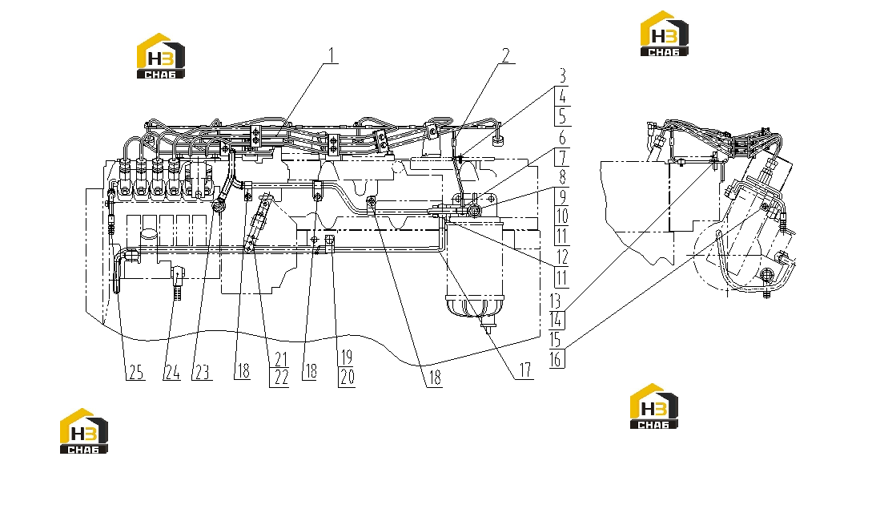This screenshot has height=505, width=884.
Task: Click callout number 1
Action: (x=332, y=55)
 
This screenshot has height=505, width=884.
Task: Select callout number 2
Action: (x=506, y=55)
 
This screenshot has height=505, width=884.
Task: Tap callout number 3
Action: (x=562, y=75)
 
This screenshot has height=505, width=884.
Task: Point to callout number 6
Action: (x=562, y=138)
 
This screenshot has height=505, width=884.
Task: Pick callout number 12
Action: (x=563, y=257)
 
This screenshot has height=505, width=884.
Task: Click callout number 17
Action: (x=525, y=370)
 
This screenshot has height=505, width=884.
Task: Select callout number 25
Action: (x=136, y=373)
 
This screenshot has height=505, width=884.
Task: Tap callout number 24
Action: (x=172, y=373)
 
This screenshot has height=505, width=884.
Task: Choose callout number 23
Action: (x=202, y=373)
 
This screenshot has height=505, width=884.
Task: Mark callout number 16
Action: (x=557, y=359)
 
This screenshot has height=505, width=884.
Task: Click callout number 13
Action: (x=556, y=300)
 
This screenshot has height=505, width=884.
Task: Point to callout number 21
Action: (x=281, y=359)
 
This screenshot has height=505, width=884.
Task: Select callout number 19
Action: (x=347, y=358)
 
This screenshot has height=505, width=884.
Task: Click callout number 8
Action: (x=562, y=177)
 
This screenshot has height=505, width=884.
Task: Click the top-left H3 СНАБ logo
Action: (x=161, y=56)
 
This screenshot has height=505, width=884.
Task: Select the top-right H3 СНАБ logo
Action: (x=664, y=34)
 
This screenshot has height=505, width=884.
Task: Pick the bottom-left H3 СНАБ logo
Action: (x=84, y=431)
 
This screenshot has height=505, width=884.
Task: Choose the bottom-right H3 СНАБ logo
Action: (x=654, y=406)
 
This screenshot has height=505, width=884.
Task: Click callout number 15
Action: (x=556, y=340)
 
